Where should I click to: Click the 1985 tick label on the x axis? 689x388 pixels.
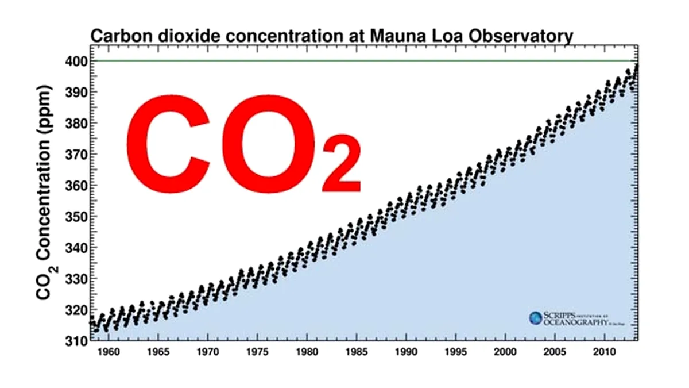point(357,351)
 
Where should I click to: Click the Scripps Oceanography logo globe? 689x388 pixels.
point(536,318)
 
